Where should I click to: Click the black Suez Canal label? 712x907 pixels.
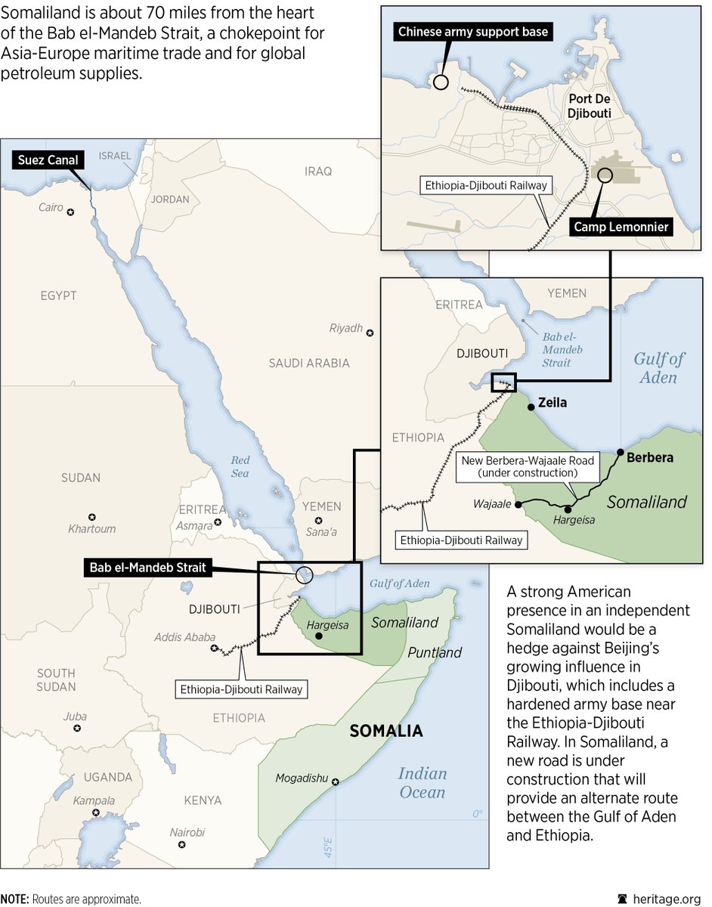coord(47,159)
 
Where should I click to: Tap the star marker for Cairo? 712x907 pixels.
coord(70,212)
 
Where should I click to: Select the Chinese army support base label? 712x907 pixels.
coord(473,32)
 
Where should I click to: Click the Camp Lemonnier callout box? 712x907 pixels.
coord(621,226)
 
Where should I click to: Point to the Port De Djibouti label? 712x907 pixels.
coord(589,105)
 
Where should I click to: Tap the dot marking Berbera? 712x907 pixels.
coord(621,452)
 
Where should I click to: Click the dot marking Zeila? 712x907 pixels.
coord(531,407)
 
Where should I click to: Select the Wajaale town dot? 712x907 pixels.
coord(519,503)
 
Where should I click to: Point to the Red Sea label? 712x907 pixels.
coord(240,467)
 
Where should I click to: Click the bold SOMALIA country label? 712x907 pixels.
coord(385,731)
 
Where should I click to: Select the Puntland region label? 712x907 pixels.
coord(435,652)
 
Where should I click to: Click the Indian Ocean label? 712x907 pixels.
coord(422,782)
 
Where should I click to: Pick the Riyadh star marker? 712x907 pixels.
coord(370,332)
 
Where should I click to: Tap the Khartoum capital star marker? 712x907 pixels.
coord(92,516)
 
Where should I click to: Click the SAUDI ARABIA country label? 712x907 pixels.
coord(309,364)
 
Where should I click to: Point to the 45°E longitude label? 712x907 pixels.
coord(328,850)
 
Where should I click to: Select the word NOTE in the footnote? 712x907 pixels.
coord(15,899)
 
